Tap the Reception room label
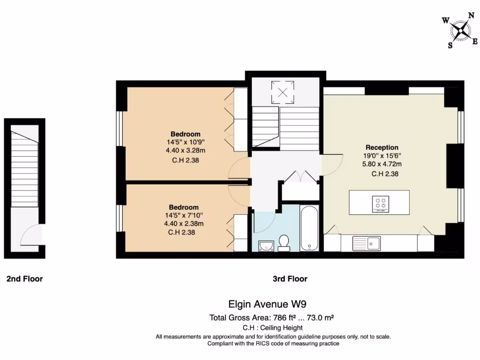point(382,147)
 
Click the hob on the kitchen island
point(380,204)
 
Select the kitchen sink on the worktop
point(374,243)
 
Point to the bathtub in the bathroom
point(309,228)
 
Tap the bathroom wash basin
point(265,244)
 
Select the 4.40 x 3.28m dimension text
point(185,150)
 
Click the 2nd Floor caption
point(24,279)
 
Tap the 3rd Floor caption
point(290,279)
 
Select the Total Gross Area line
point(271,317)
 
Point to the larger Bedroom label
point(185,134)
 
